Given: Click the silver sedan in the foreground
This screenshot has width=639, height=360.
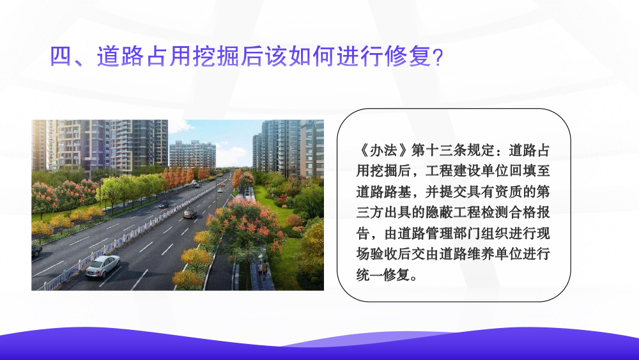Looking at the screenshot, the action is (x=103, y=266).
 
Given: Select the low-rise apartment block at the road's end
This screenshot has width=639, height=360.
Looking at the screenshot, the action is (x=192, y=154).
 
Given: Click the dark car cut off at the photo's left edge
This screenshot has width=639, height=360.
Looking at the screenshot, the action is (x=36, y=249).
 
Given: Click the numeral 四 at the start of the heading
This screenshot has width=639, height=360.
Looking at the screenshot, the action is (x=61, y=56).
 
